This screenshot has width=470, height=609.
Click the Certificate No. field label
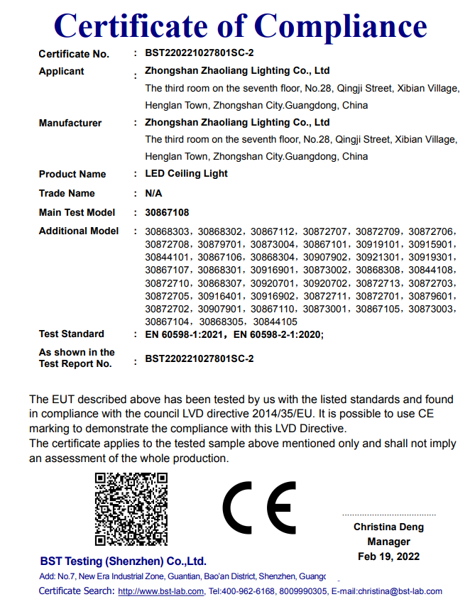[x=74, y=54]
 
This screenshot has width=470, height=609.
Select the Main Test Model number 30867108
[x=167, y=212]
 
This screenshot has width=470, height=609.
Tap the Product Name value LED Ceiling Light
[x=187, y=174]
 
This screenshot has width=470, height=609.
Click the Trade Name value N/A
[x=153, y=193]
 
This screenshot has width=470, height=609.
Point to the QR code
[x=131, y=508]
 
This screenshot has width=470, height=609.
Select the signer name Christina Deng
[x=388, y=527]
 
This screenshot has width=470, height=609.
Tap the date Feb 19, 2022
[x=388, y=556]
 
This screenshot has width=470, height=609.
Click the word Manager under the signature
[x=388, y=542]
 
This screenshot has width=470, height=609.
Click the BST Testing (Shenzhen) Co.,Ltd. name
[x=123, y=560]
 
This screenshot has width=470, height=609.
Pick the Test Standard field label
[x=71, y=334]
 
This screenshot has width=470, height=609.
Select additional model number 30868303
[x=168, y=231]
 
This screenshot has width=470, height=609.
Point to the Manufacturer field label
[x=70, y=123]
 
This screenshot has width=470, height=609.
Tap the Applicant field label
[x=61, y=71]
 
